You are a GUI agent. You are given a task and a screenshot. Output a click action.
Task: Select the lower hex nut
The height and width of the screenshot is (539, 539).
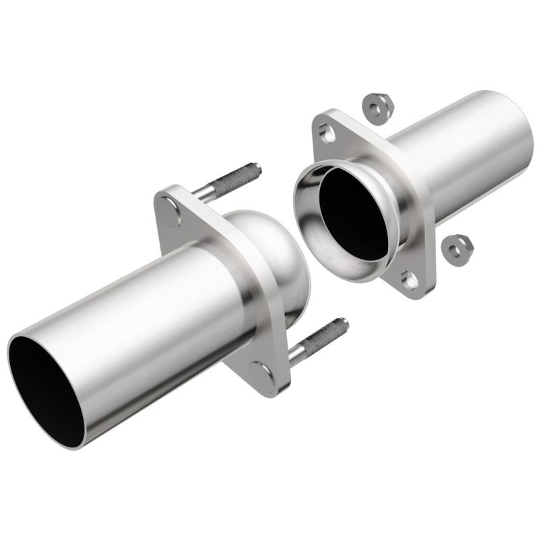[x=458, y=249]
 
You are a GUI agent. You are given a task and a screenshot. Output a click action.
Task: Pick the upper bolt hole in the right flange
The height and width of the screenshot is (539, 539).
[x=328, y=134]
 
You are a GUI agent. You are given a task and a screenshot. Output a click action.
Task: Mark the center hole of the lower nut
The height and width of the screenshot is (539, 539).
[x=458, y=248]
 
